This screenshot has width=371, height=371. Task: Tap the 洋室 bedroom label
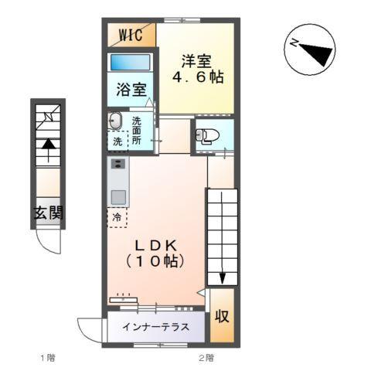(196, 60)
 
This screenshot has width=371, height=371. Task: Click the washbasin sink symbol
(116, 121)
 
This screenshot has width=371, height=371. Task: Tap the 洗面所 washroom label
(137, 131)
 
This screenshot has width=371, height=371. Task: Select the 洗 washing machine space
(116, 142)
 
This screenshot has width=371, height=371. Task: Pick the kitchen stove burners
(117, 164)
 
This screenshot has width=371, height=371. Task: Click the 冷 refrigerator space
(116, 217)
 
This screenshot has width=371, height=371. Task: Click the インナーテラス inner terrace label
(155, 327)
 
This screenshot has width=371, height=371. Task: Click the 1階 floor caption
(48, 358)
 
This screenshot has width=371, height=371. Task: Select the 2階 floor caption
(206, 358)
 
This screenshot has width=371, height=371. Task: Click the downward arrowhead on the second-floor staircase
(223, 277)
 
